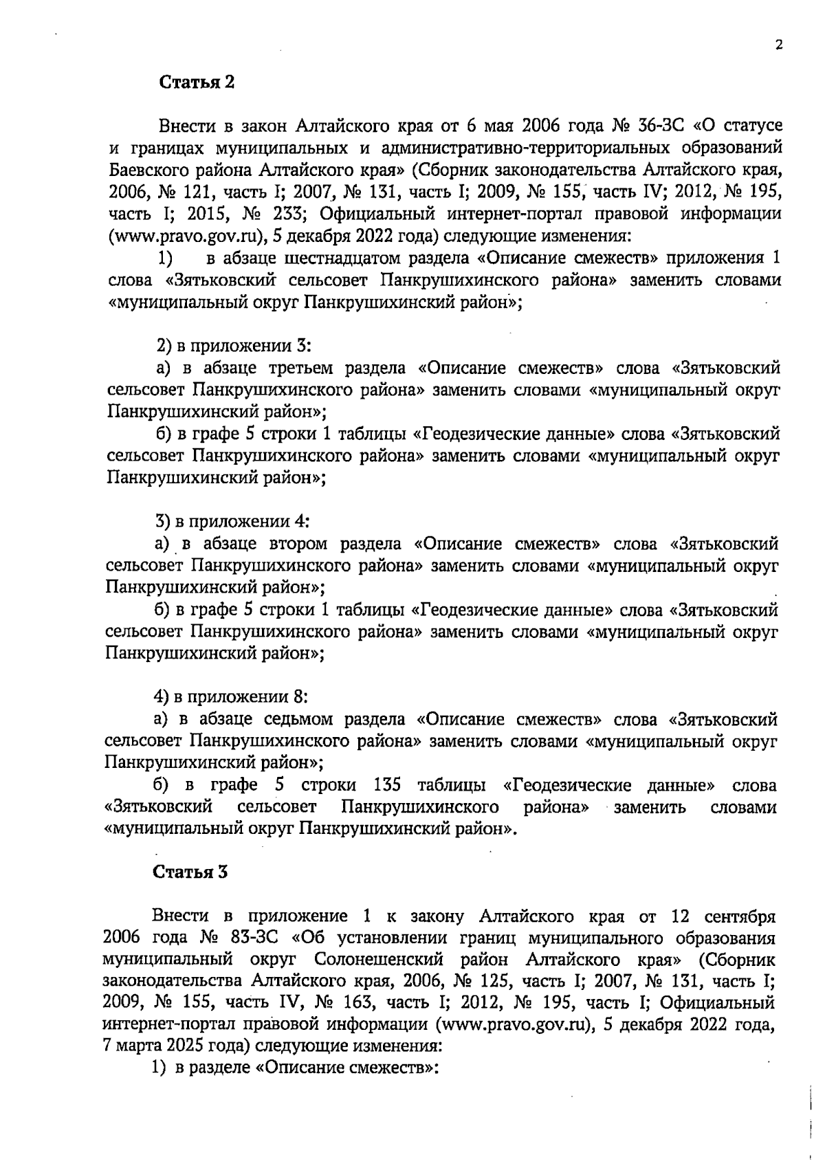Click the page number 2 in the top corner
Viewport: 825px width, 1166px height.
click(778, 45)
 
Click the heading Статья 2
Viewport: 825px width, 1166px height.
click(197, 82)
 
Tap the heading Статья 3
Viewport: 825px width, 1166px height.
click(190, 872)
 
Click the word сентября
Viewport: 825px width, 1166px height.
click(736, 917)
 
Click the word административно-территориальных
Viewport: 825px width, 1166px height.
click(505, 148)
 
